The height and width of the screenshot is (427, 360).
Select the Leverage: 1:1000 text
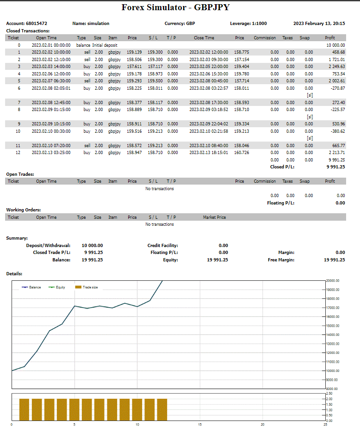(x=248, y=23)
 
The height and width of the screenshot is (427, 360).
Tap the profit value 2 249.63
(x=336, y=67)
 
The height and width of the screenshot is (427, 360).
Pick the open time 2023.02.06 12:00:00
(x=51, y=74)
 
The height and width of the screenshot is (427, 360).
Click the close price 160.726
(x=242, y=153)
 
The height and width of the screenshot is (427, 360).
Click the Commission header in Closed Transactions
(x=265, y=38)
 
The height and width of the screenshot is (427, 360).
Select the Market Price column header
(x=214, y=217)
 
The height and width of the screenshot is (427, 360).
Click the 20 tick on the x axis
(x=262, y=424)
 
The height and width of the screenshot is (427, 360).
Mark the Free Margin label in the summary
(x=281, y=260)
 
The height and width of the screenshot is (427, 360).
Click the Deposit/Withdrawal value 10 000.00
(x=92, y=245)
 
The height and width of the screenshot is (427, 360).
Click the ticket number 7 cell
(x=19, y=102)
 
